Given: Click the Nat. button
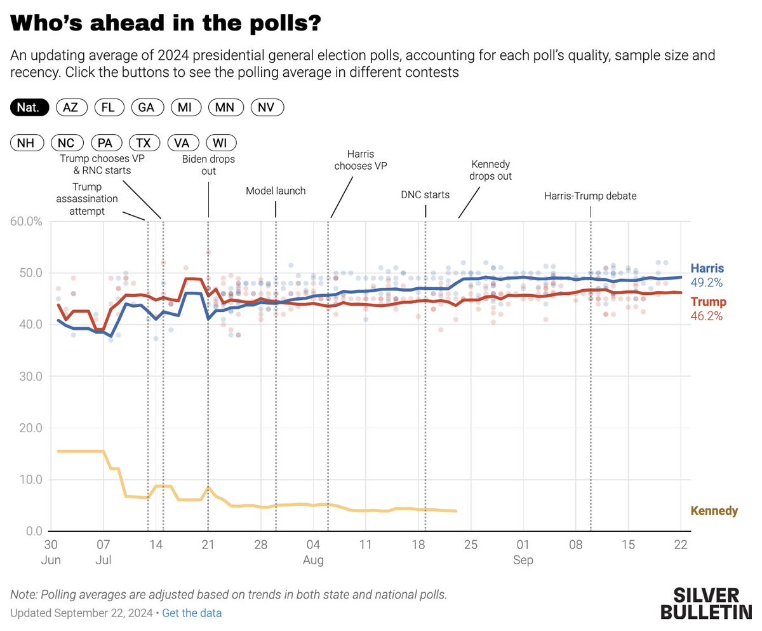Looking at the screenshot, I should tap(30, 107).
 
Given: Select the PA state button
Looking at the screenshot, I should tap(105, 143).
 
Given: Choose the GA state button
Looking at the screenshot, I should tap(147, 107).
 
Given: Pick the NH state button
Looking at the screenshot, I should tap(26, 143).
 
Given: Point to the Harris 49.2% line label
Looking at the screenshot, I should tap(707, 275).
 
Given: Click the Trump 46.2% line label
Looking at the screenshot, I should tap(707, 308).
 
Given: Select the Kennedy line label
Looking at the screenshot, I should tap(714, 511).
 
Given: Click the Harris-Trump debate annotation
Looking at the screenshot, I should tap(590, 196).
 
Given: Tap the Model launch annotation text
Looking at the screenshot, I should tap(276, 191).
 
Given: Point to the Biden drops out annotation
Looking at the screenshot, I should tap(208, 165).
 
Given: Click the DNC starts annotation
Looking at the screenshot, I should tap(425, 194).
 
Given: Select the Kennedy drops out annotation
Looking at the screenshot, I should tap(490, 170).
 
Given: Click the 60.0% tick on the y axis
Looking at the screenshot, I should tap(27, 221).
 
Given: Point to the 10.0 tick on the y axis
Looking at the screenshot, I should tap(29, 479).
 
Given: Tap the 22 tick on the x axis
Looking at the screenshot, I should tap(680, 545).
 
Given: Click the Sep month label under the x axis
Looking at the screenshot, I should tap(523, 560).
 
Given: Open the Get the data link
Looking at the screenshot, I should tap(192, 613).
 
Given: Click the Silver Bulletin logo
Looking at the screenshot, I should tap(705, 604).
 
